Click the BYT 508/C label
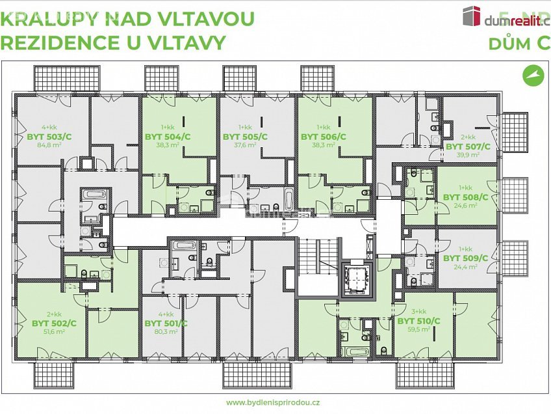pos(465,196)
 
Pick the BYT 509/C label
pos(465,258)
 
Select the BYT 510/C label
pos(418,321)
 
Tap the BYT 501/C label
pos(166,323)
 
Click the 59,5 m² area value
pos(418,329)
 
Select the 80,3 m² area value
pos(166,331)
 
